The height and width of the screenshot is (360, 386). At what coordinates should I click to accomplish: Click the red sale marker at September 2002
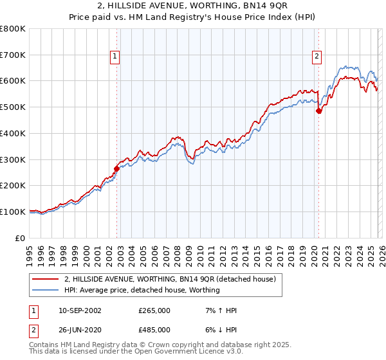[116, 169]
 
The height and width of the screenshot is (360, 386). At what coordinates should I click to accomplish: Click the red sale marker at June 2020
[318, 111]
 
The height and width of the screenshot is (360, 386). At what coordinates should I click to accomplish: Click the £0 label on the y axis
[21, 238]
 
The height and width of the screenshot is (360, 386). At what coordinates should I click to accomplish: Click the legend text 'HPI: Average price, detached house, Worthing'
[142, 290]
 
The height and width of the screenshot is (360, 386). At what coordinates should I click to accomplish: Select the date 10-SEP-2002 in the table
[80, 310]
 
